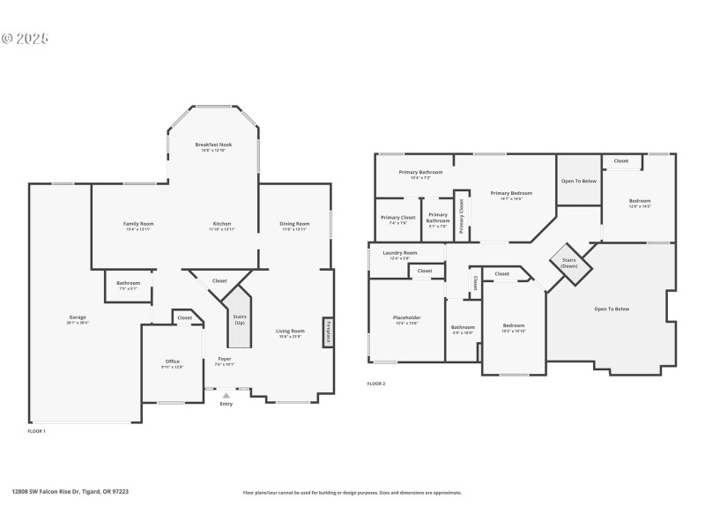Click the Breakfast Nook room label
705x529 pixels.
[x=213, y=145]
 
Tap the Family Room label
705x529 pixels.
[x=138, y=224]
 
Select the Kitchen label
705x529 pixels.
[x=221, y=224]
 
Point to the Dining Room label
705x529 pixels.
[x=294, y=224]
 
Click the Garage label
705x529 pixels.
[x=78, y=317]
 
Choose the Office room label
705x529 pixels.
[x=173, y=361]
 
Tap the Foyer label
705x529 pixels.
[x=226, y=360]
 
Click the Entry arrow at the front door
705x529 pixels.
[x=226, y=397]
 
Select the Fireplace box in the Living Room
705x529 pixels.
[x=327, y=330]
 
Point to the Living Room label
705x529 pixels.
[x=290, y=332]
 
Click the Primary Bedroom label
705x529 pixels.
[x=511, y=194]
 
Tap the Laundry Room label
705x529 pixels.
[x=399, y=253]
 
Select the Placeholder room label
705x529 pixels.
[x=406, y=318]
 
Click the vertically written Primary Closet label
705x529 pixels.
[x=461, y=217]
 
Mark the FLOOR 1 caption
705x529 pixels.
[x=37, y=431]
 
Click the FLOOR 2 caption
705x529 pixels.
[x=376, y=384]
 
